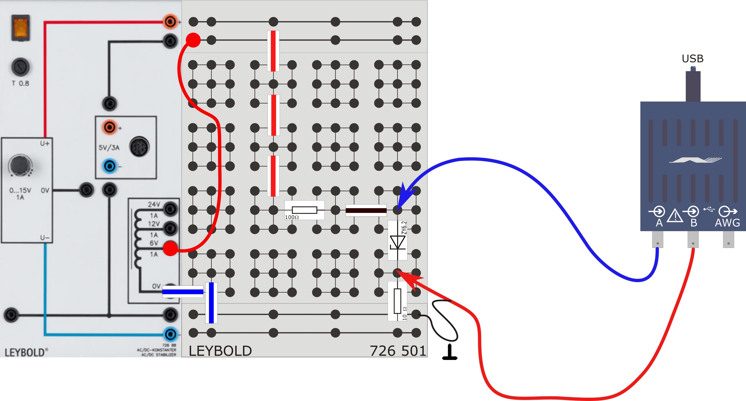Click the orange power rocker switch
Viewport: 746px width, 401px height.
pos(21,28)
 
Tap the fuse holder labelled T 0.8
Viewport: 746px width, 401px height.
pos(21,67)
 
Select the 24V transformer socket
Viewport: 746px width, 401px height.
pos(171,209)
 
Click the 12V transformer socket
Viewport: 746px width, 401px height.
pos(171,228)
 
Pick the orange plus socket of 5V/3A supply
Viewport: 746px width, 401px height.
pos(110,127)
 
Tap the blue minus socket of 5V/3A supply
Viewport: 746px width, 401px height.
pos(110,166)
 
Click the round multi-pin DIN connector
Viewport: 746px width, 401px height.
pos(139,146)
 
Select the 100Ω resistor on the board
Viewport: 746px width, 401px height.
pos(304,210)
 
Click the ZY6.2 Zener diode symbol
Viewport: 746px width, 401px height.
pos(397,242)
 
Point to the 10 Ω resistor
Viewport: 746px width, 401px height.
pos(397,301)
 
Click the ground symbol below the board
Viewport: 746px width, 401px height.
pos(450,353)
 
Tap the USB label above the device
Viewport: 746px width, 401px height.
pos(693,58)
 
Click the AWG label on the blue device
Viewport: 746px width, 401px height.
pos(727,223)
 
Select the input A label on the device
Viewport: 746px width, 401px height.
pos(659,223)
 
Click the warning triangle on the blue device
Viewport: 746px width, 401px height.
pos(675,216)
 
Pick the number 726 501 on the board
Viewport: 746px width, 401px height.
pos(398,351)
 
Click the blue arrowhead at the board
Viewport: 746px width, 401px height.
pos(403,197)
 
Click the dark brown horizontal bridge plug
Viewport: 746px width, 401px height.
pos(366,210)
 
